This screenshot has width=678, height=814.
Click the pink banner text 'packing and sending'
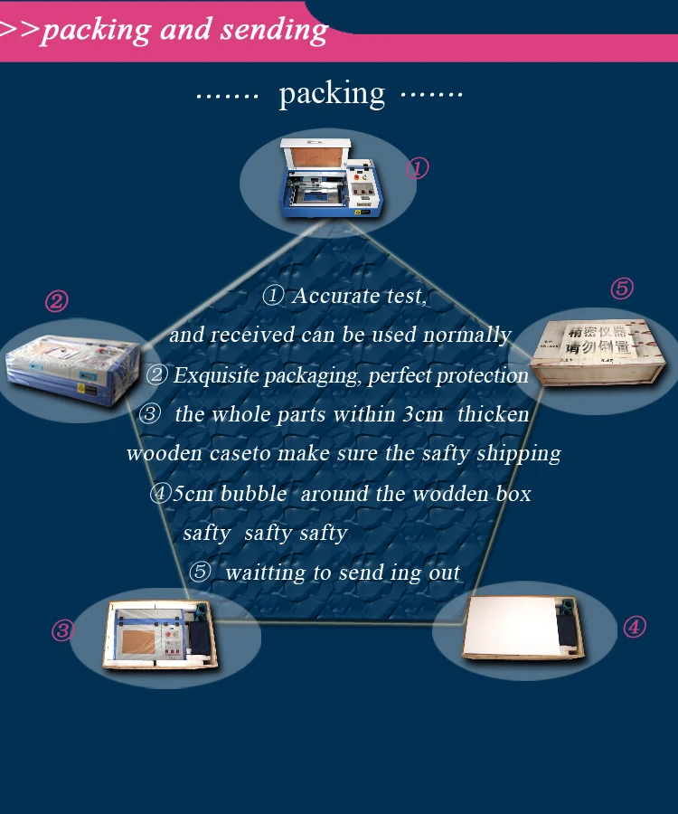pos(184,30)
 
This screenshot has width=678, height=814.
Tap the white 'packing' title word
pos(332,92)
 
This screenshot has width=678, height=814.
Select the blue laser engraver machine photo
pos(327,179)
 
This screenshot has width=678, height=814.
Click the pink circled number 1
pos(416,168)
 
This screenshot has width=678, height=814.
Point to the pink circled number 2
pos(56,301)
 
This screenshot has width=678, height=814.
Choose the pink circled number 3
pos(61,630)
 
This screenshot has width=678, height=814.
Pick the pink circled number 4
pos(635,627)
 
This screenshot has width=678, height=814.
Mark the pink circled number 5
pos(621,289)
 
